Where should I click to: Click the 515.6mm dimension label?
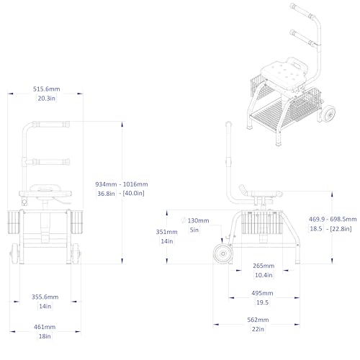(47, 89)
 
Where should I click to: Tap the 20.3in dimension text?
(47, 98)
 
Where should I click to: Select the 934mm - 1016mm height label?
(122, 184)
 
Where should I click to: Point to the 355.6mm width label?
(45, 297)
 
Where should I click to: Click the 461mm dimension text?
(45, 327)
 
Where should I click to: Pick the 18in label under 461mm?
(45, 336)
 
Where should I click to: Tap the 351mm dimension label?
(167, 232)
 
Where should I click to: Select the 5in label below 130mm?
(194, 230)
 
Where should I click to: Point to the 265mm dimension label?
(264, 266)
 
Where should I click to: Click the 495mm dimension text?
(262, 293)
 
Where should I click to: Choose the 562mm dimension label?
(258, 320)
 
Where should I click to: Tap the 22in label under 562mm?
(258, 329)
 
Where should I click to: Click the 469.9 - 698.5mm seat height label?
(333, 219)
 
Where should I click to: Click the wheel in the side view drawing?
(223, 253)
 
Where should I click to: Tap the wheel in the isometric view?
(328, 113)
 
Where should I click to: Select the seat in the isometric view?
(284, 74)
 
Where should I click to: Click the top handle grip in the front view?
(51, 125)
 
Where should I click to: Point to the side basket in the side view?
(262, 222)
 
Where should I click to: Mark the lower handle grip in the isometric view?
(303, 38)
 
